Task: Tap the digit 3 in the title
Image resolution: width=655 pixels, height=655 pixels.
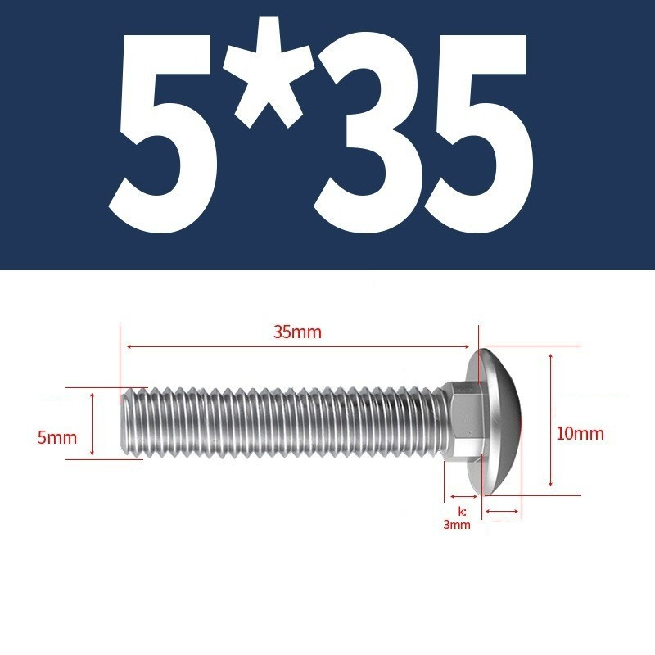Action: click(x=367, y=134)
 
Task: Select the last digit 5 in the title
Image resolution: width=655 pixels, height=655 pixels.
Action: click(x=478, y=134)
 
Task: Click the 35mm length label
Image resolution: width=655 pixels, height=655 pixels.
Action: click(x=297, y=332)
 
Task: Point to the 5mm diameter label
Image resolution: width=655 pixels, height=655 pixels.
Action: click(x=57, y=438)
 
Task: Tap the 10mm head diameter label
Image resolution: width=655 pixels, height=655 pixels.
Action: click(x=580, y=434)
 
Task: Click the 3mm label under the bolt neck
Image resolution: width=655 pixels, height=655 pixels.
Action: click(x=457, y=525)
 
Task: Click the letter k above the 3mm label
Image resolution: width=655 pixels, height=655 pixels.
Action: click(x=462, y=512)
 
